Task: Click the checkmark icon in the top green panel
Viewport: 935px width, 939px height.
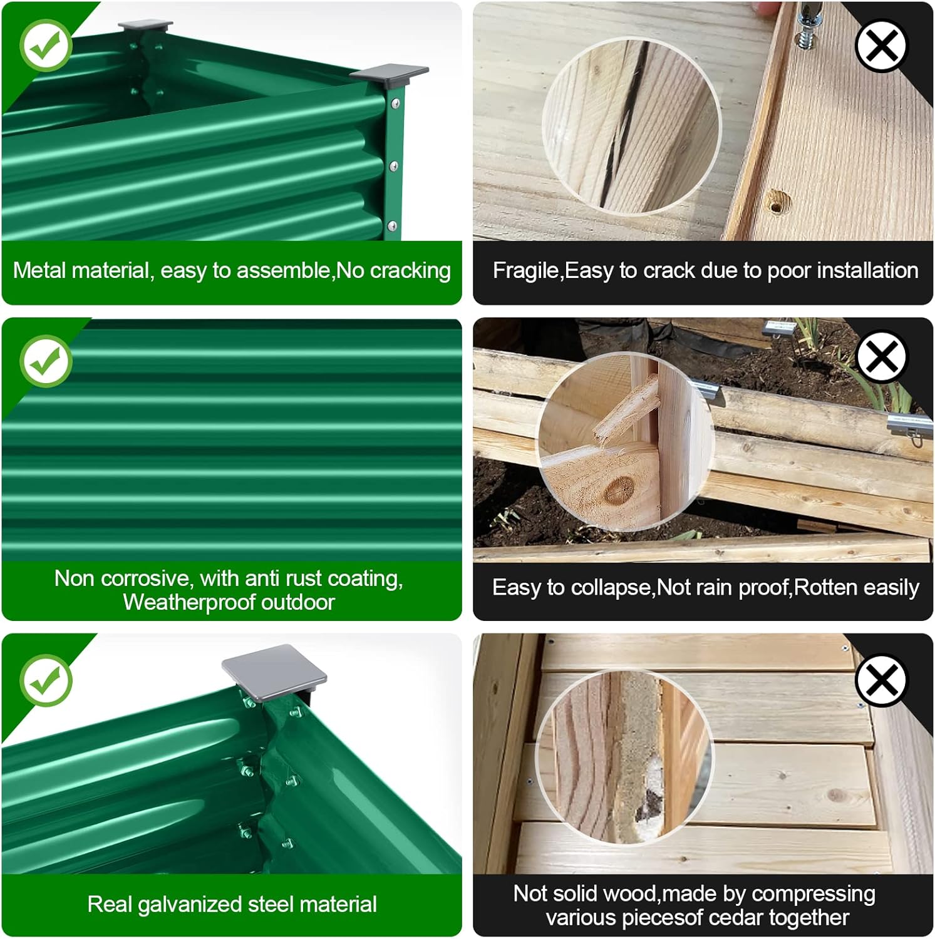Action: click(46, 45)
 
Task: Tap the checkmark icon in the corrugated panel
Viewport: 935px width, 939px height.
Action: click(46, 361)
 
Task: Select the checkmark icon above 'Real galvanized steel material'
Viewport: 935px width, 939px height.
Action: click(46, 680)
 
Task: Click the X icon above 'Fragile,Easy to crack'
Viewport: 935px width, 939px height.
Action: click(881, 46)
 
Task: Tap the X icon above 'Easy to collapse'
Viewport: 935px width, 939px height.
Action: click(881, 357)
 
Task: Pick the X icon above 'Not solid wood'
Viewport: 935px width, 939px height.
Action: click(881, 680)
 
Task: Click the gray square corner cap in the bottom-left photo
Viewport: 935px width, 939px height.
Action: click(274, 672)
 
